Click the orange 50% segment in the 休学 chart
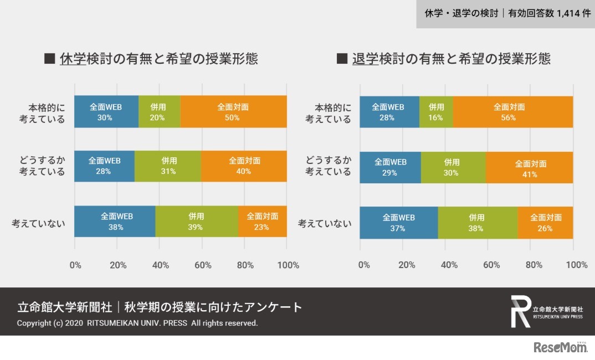pyautogui.click(x=233, y=112)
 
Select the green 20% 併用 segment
pyautogui.click(x=159, y=112)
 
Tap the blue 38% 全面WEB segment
pyautogui.click(x=115, y=222)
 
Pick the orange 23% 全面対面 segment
pyautogui.click(x=263, y=222)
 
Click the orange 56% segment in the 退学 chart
pyautogui.click(x=512, y=112)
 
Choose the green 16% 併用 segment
pyautogui.click(x=436, y=112)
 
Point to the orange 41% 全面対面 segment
pyautogui.click(x=530, y=168)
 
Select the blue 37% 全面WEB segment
pyautogui.click(x=399, y=223)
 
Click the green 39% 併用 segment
pyautogui.click(x=197, y=222)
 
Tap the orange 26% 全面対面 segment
pyautogui.click(x=545, y=223)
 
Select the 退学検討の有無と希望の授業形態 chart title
pyautogui.click(x=451, y=59)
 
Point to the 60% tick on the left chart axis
pyautogui.click(x=203, y=265)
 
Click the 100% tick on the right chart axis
pyautogui.click(x=576, y=265)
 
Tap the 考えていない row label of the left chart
pyautogui.click(x=39, y=223)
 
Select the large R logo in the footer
pyautogui.click(x=520, y=311)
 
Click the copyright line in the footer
pyautogui.click(x=137, y=323)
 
